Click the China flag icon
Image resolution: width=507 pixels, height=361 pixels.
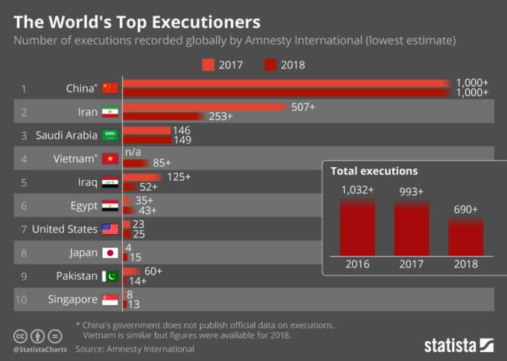click(110, 89)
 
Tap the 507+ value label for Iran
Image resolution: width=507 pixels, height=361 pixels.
click(303, 107)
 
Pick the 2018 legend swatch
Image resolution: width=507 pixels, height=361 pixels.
click(271, 66)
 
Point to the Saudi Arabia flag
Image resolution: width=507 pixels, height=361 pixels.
click(110, 135)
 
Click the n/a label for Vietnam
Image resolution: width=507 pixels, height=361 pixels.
click(133, 153)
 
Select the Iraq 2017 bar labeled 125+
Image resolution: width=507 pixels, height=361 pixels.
click(142, 177)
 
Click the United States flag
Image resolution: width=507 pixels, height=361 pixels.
click(110, 229)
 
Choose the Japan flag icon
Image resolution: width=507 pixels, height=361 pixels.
click(110, 252)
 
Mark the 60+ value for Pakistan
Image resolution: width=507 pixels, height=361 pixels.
click(152, 271)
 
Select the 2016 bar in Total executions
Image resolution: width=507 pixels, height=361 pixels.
click(357, 228)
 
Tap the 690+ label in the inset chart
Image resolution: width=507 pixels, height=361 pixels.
click(466, 210)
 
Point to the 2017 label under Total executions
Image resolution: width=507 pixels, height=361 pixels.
click(412, 263)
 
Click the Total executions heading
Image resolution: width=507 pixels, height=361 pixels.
click(374, 171)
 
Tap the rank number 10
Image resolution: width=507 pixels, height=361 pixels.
click(22, 299)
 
